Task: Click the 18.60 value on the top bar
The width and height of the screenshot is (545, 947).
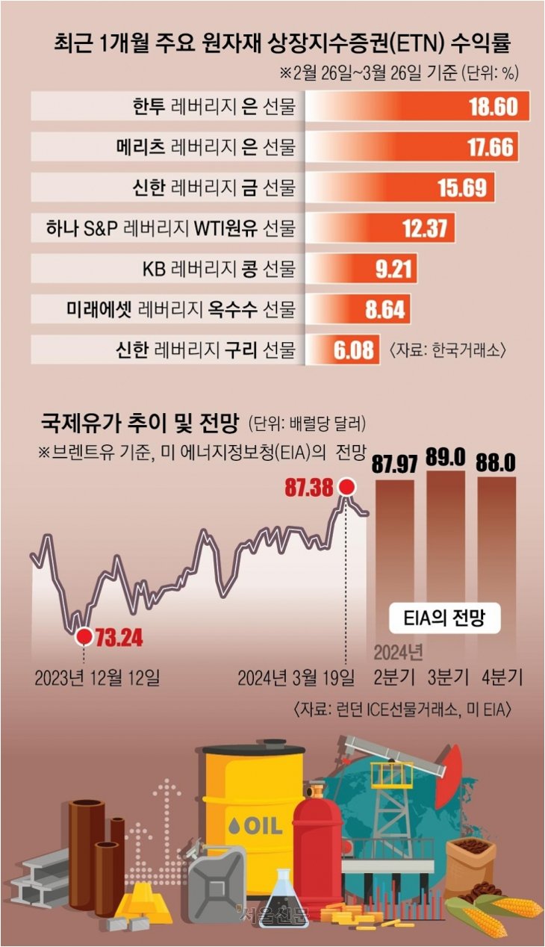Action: [x=493, y=107]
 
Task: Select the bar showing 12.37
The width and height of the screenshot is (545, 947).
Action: [x=380, y=229]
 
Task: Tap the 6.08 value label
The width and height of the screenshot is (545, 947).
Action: [x=354, y=350]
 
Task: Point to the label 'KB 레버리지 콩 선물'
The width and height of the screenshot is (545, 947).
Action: [x=219, y=269]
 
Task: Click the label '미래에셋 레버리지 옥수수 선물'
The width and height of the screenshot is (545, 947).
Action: [x=181, y=309]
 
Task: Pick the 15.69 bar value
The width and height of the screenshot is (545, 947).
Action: [x=462, y=187]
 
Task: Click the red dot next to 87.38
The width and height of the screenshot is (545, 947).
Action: [x=347, y=487]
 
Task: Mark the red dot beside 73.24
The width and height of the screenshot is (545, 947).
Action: [x=84, y=636]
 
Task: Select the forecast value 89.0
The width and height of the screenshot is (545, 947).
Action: [x=445, y=457]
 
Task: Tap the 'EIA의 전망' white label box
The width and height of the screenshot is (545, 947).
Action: [x=445, y=618]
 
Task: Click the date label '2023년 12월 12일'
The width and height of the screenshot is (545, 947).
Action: [x=97, y=678]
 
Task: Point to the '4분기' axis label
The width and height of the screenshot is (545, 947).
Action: [x=502, y=677]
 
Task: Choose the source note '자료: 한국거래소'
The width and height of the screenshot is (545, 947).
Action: [x=446, y=350]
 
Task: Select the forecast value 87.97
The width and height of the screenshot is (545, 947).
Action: [x=395, y=463]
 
